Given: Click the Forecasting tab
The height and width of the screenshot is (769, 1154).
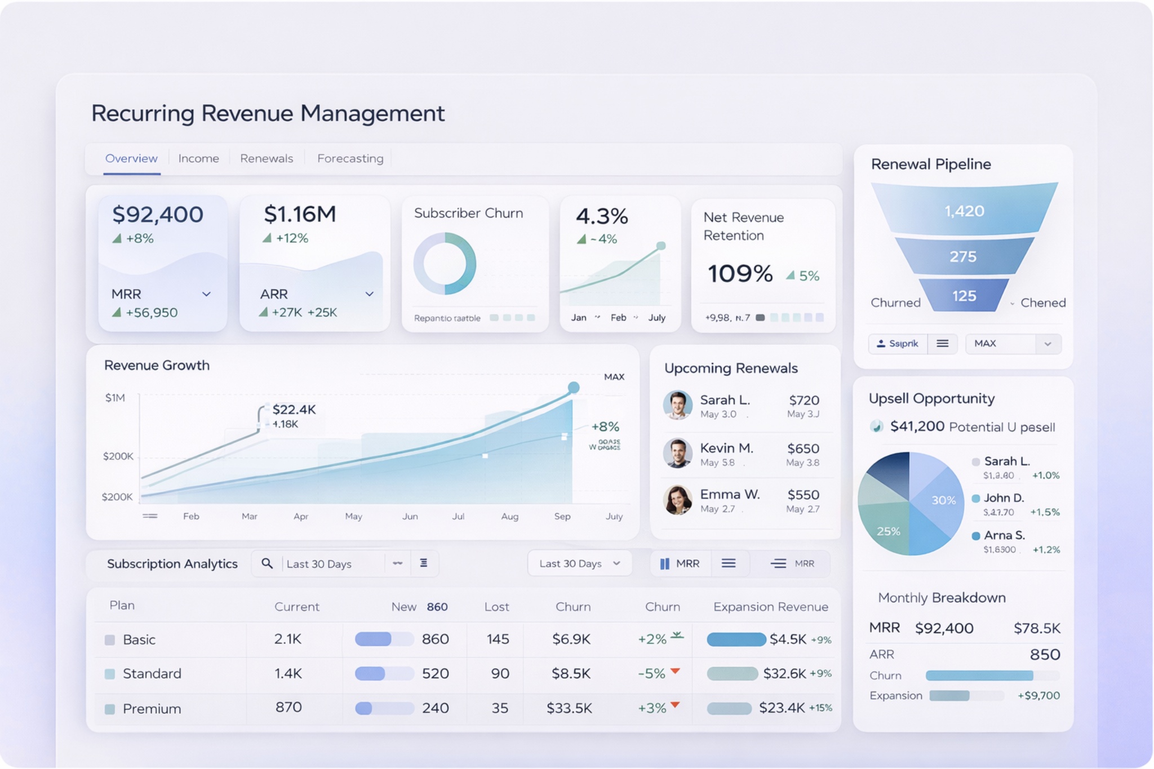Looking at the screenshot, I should pyautogui.click(x=350, y=158).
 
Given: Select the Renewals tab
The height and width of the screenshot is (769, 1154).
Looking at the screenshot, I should pyautogui.click(x=266, y=158).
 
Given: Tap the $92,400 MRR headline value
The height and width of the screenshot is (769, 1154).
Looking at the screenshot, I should pyautogui.click(x=158, y=215).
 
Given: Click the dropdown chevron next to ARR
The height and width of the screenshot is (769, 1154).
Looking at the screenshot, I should pyautogui.click(x=369, y=294).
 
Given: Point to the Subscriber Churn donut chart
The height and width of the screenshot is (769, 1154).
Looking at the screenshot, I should pyautogui.click(x=445, y=264).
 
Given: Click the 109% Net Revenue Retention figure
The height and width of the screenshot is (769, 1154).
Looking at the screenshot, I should pyautogui.click(x=740, y=274).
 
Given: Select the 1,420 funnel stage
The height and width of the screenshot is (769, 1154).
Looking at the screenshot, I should pyautogui.click(x=964, y=211).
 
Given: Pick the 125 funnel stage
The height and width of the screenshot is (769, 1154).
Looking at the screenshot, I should pyautogui.click(x=964, y=296).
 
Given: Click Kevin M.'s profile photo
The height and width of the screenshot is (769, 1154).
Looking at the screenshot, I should pyautogui.click(x=677, y=453).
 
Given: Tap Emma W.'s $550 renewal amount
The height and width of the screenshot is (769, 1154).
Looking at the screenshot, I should pyautogui.click(x=803, y=495).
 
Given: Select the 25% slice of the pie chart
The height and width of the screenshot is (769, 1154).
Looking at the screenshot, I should pyautogui.click(x=888, y=531).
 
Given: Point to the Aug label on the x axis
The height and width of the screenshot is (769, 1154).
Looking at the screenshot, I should pyautogui.click(x=509, y=516).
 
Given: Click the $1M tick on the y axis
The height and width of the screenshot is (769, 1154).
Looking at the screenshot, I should pyautogui.click(x=115, y=398).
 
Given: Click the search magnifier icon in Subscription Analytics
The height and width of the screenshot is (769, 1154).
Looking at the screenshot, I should pyautogui.click(x=267, y=563).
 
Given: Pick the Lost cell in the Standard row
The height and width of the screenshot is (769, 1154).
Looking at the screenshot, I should pyautogui.click(x=499, y=673).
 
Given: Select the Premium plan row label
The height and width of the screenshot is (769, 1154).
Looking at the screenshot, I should pyautogui.click(x=152, y=708).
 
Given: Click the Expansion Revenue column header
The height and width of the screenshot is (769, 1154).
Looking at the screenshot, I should pyautogui.click(x=770, y=607).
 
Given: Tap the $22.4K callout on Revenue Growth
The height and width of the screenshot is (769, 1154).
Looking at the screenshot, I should pyautogui.click(x=294, y=410).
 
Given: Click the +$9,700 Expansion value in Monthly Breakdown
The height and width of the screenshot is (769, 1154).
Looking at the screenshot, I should pyautogui.click(x=1038, y=696).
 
